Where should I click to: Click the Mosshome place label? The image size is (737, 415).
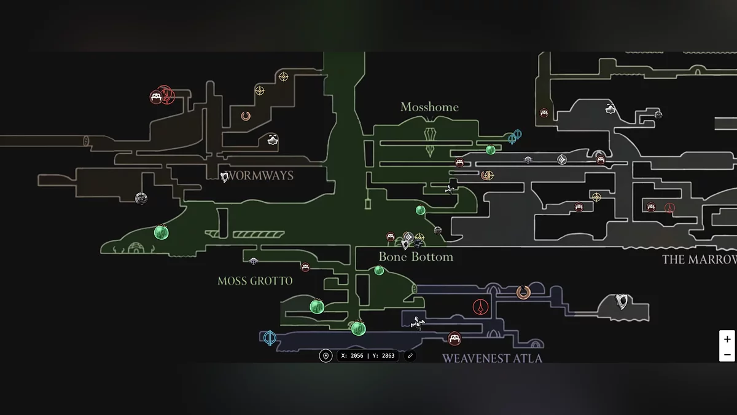429,107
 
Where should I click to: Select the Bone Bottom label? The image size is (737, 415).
416,257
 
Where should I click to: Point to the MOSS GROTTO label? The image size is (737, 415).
255,281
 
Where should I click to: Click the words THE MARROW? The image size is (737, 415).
699,259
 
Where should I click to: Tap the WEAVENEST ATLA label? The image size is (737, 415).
492,358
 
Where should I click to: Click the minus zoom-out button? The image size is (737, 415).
727,355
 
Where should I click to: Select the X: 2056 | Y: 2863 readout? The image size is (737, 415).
368,356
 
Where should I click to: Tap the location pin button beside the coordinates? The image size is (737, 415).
326,356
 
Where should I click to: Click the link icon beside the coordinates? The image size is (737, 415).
410,356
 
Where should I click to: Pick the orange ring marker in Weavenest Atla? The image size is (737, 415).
523,292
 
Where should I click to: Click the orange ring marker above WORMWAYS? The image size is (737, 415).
246,116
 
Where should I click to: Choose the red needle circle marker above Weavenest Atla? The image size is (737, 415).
480,306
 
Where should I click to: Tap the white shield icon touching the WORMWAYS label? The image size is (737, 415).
225,177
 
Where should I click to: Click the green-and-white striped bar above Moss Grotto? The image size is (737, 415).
259,234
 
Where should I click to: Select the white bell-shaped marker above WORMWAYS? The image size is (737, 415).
273,140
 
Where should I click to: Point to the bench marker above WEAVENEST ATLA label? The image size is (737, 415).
454,338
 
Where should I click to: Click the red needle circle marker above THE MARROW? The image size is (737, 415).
669,208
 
